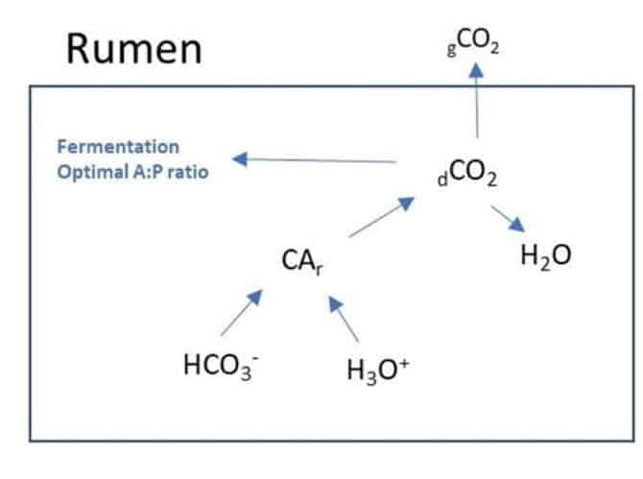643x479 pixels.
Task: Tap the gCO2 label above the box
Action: point(474,44)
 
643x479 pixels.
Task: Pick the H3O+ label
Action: point(379,370)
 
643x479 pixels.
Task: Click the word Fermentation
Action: point(117,147)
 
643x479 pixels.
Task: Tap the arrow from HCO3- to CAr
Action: point(241,313)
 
